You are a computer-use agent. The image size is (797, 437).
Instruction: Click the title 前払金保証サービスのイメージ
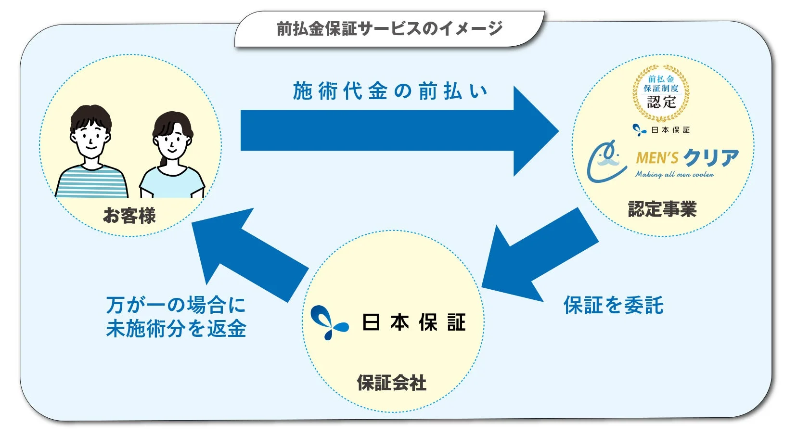pos(389,28)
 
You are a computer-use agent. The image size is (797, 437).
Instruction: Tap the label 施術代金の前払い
pos(390,91)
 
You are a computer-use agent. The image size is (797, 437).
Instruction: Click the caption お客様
pos(129,216)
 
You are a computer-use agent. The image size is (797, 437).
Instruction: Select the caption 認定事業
pos(662,209)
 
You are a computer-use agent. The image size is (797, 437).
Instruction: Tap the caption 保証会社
pos(391,383)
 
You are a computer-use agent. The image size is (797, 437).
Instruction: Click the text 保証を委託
pos(613,305)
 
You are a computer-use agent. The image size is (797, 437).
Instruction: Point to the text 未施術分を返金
pos(176,329)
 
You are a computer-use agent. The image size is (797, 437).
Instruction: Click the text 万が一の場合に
pos(176,305)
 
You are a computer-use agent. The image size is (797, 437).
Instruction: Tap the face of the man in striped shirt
pos(90,137)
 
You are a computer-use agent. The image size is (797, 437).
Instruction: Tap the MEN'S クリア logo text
pos(687,157)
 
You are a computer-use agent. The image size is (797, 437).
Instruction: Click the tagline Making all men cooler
pos(674,175)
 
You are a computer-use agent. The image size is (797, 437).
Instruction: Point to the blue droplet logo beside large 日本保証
pos(329,322)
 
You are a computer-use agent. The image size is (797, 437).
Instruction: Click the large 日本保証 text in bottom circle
pos(413,322)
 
